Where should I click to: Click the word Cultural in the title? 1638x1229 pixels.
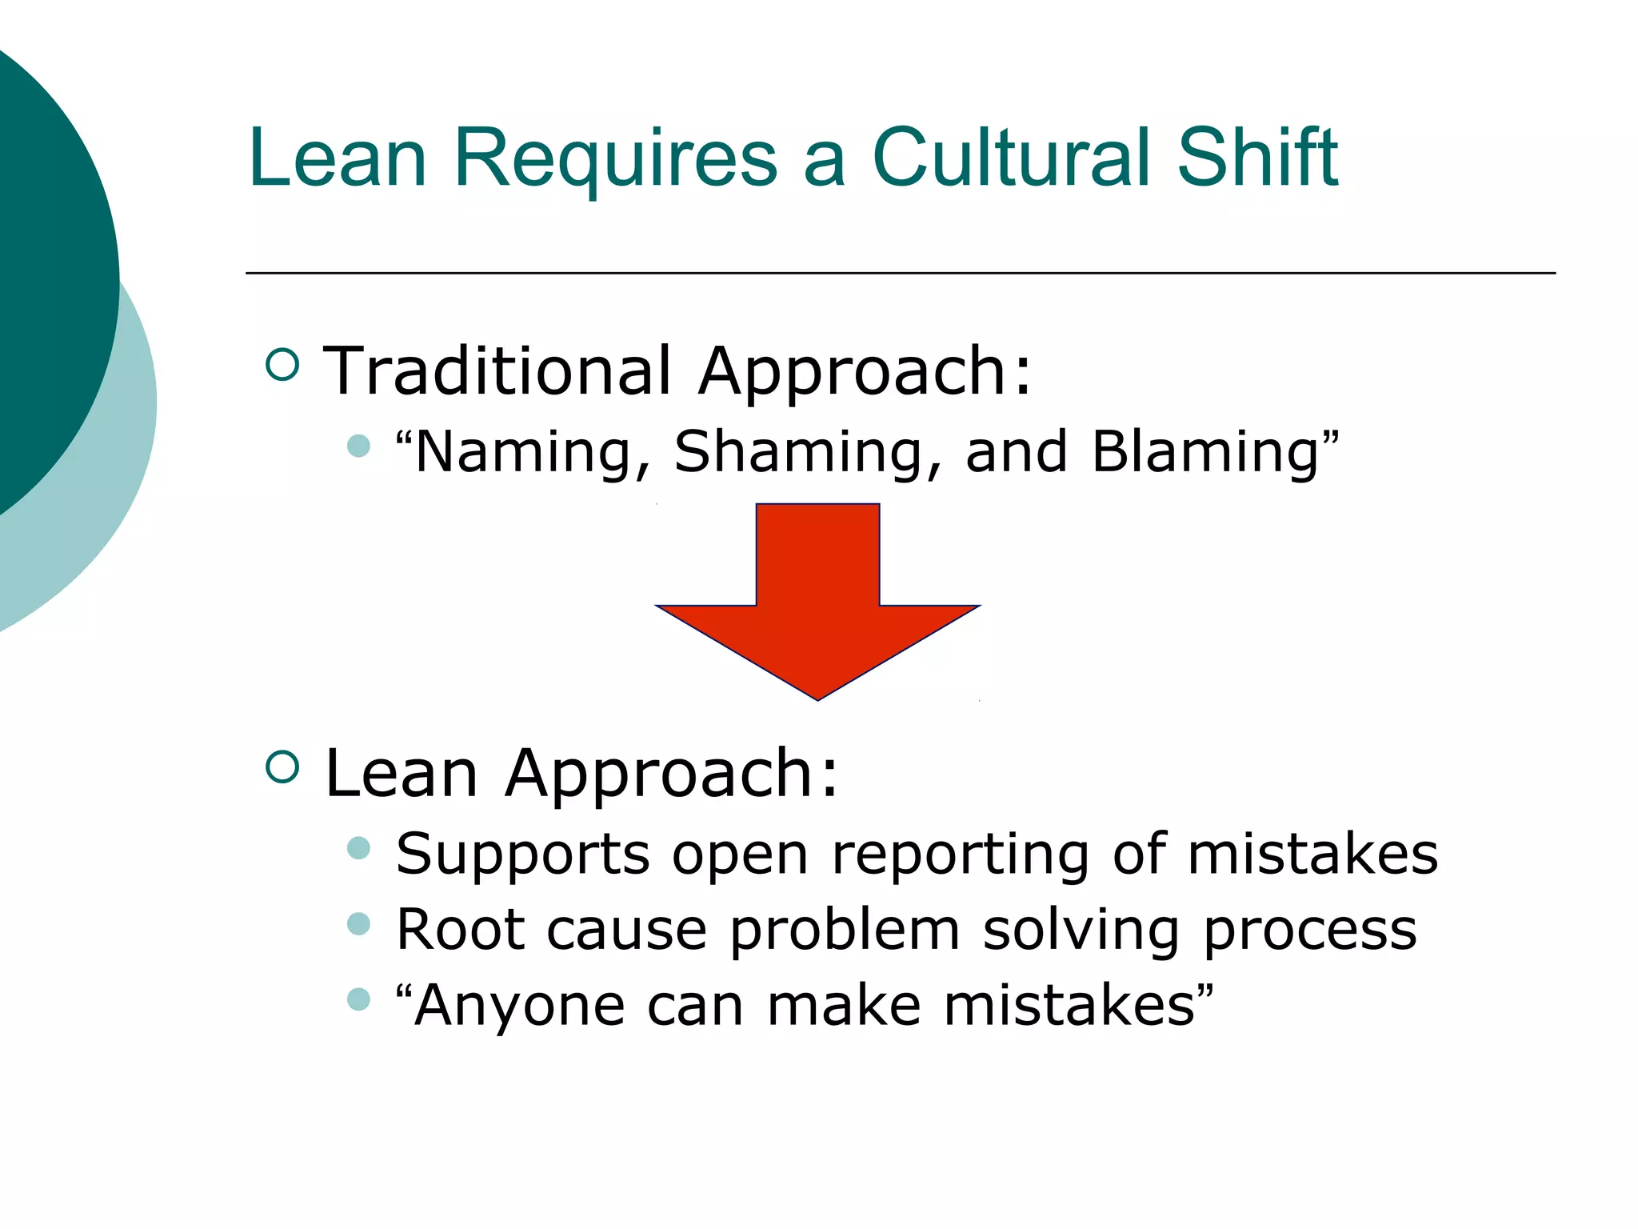pos(1010,158)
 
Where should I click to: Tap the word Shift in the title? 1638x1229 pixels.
pos(1257,158)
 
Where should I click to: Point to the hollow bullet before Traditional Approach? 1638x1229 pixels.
pos(282,365)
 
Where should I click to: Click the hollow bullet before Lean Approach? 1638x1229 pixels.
pos(282,766)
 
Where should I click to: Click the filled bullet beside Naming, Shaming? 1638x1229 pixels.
pos(359,446)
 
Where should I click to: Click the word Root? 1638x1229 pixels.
pos(461,930)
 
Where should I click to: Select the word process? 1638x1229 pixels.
pos(1310,931)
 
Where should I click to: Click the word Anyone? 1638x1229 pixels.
pos(520,1007)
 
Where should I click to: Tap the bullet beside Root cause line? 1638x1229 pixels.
pos(359,924)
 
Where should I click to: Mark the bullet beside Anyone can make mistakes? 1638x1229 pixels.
pos(359,999)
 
